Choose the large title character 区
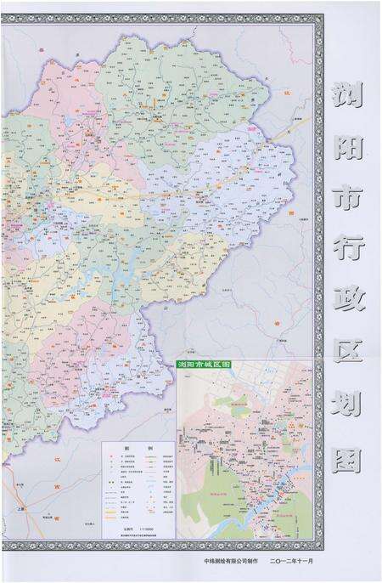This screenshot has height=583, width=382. point(349,363)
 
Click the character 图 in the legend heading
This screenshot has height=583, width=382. point(129,448)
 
